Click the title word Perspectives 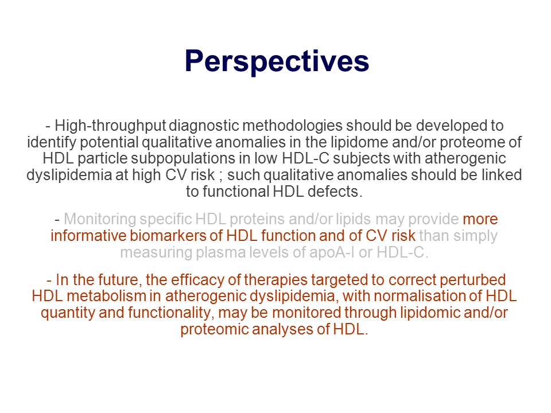pos(277,62)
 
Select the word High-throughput pos(110,126)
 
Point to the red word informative pos(88,236)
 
